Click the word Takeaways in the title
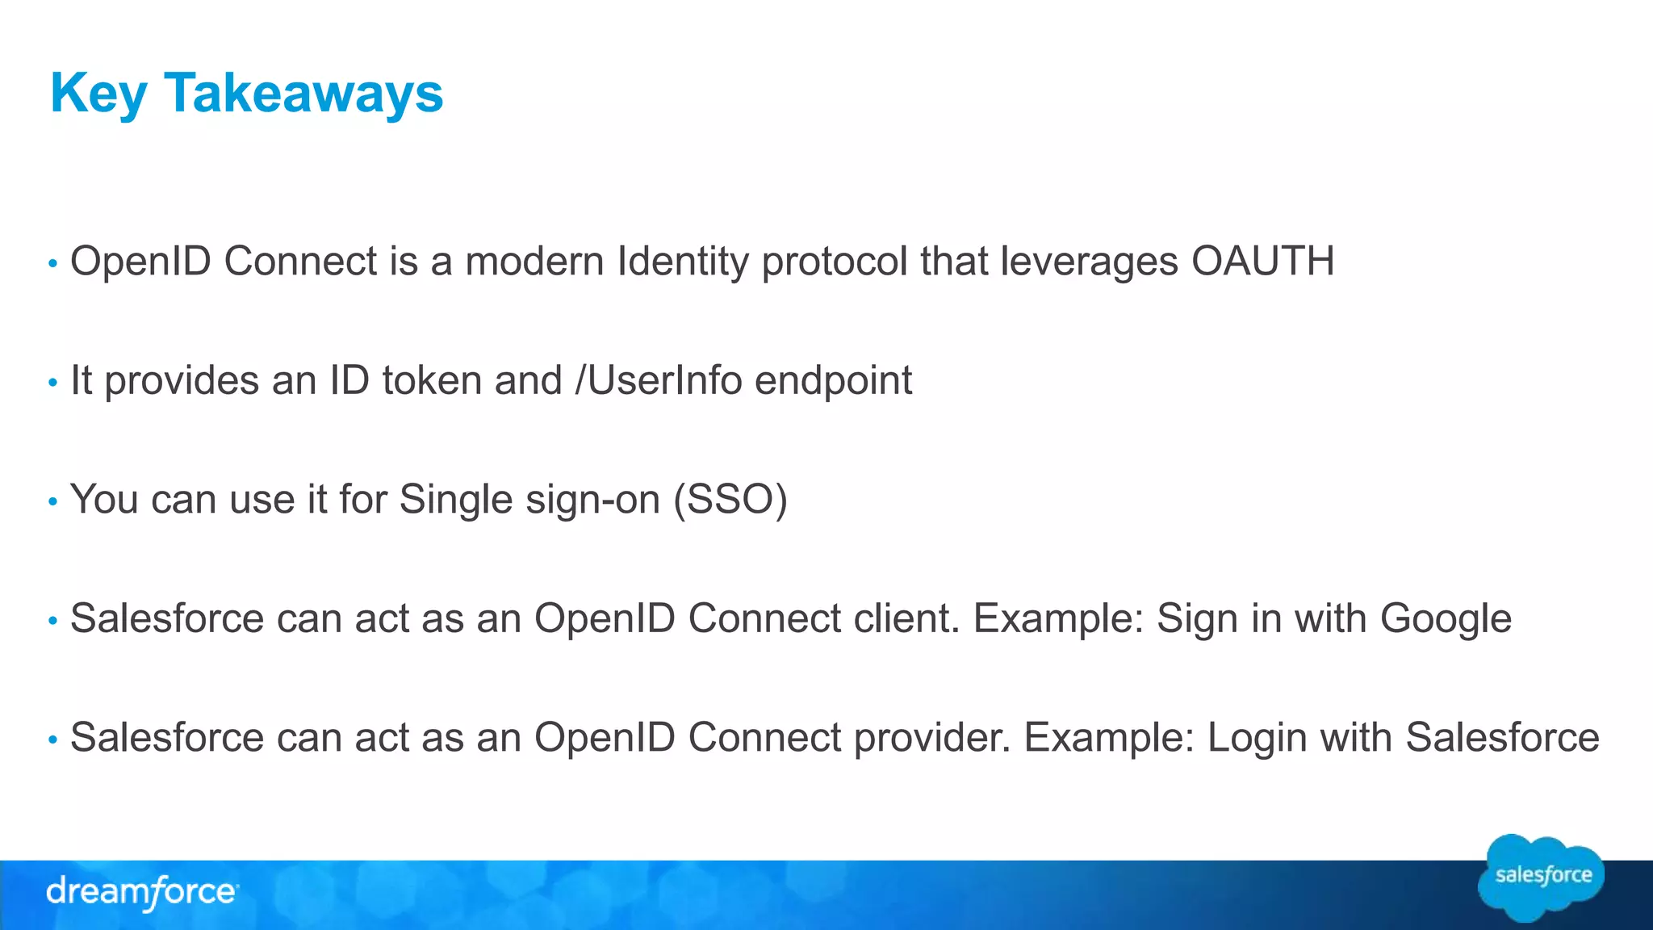(x=303, y=94)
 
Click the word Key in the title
(x=98, y=94)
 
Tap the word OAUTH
(x=1262, y=262)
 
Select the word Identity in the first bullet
(x=683, y=262)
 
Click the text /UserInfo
(x=658, y=380)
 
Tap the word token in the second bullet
(x=431, y=380)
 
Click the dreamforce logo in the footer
(x=142, y=892)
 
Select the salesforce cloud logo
(x=1542, y=877)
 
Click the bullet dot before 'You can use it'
(x=53, y=502)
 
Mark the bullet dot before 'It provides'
(x=53, y=383)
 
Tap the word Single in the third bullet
(x=456, y=500)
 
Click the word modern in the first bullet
(x=534, y=262)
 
